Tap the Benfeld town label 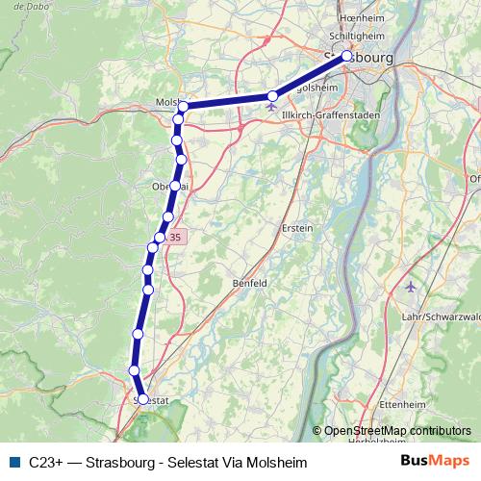(249, 283)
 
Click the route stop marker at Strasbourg (347, 55)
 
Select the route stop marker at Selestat (142, 398)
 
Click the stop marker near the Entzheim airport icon (273, 95)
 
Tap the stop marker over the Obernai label (174, 186)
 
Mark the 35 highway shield (174, 237)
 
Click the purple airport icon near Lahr (413, 287)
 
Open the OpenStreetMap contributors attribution (397, 431)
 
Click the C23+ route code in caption (46, 463)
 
